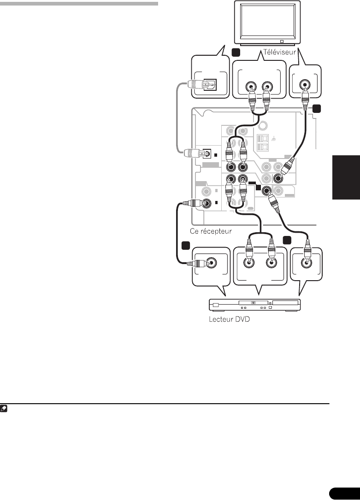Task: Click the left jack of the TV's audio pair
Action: coord(251,86)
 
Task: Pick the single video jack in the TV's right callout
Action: coord(304,85)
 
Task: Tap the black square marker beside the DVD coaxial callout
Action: coord(186,245)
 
